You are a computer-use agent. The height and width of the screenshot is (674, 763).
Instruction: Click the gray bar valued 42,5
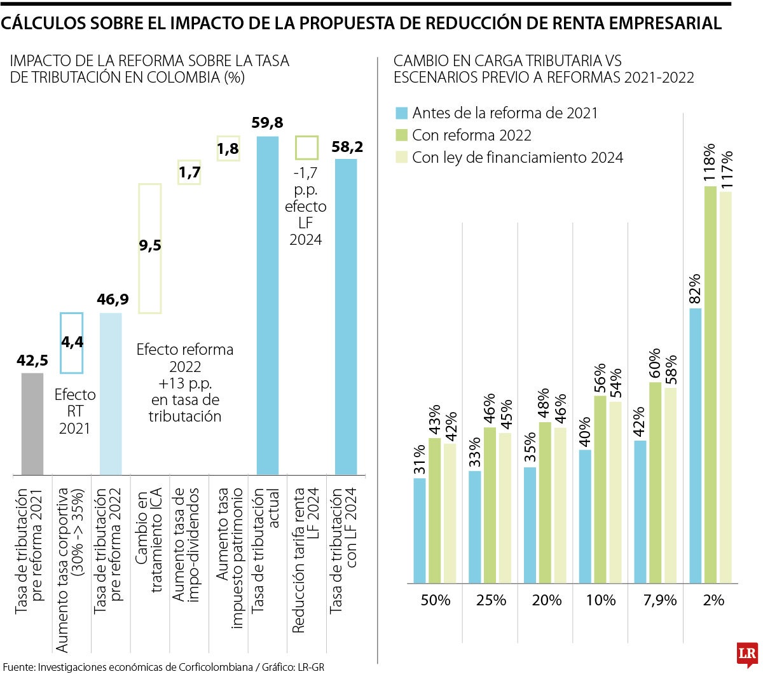pos(32,423)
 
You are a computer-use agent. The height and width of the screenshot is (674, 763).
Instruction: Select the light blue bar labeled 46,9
pos(111,394)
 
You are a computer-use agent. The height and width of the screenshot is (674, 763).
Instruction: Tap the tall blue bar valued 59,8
pos(267,305)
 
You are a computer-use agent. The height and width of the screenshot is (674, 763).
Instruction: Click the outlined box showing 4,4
pos(71,343)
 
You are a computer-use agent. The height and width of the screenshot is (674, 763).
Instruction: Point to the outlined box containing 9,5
pos(150,248)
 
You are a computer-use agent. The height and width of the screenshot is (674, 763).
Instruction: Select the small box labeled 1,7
pos(189,172)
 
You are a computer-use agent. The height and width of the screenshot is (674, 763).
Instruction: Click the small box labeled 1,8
pos(228,149)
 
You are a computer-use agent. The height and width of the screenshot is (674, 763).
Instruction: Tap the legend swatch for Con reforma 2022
pos(401,135)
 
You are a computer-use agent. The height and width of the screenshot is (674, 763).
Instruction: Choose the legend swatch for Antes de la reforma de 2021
pos(401,113)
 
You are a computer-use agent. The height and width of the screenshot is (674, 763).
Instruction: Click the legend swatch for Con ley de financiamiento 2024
pos(401,157)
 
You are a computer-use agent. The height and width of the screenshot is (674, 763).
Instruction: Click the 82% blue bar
pos(696,445)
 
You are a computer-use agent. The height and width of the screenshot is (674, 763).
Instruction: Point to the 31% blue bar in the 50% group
pos(420,530)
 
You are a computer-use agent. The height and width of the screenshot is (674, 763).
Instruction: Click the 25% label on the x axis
pos(490,600)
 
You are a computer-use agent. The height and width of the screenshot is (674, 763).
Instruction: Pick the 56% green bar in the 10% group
pos(600,489)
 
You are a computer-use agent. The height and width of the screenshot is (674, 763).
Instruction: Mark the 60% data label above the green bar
pos(655,364)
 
